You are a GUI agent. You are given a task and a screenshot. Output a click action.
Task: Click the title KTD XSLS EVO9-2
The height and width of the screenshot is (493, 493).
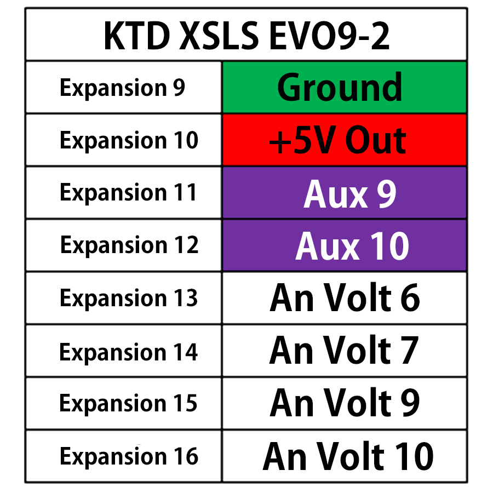point(246,36)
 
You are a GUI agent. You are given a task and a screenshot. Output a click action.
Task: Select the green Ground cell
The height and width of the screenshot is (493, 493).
point(344,88)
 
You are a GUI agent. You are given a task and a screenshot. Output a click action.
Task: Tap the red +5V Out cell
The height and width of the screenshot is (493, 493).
point(344,140)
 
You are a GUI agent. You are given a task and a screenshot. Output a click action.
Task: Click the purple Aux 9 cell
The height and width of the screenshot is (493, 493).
point(344,193)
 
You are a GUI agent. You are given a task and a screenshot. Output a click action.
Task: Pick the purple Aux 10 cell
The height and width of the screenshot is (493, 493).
point(344,245)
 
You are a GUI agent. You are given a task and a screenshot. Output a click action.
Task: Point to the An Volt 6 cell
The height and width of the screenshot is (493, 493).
point(344,298)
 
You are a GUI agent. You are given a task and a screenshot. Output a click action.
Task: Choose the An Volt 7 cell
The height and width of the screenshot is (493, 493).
point(344,351)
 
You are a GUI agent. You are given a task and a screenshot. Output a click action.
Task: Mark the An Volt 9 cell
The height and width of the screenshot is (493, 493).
point(344,403)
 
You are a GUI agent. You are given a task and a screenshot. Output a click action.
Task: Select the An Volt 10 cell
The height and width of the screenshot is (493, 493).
point(344,456)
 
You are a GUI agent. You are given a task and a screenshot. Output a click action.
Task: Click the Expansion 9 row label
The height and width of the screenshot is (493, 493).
point(123,88)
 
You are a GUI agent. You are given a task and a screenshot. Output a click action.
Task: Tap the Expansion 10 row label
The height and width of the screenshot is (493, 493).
point(128,140)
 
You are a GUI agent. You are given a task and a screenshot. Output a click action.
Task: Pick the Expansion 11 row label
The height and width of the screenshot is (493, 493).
point(128,193)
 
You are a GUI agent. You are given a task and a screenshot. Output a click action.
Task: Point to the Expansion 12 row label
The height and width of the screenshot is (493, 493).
point(129,245)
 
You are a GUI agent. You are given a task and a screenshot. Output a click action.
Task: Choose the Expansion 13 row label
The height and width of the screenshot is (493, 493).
point(129,298)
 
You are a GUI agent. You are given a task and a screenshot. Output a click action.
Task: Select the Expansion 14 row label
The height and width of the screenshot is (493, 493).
point(129,351)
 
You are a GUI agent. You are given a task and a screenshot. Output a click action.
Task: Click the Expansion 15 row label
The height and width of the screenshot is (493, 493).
point(129,403)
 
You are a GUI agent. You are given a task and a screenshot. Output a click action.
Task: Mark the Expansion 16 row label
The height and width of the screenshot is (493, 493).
point(129,456)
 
